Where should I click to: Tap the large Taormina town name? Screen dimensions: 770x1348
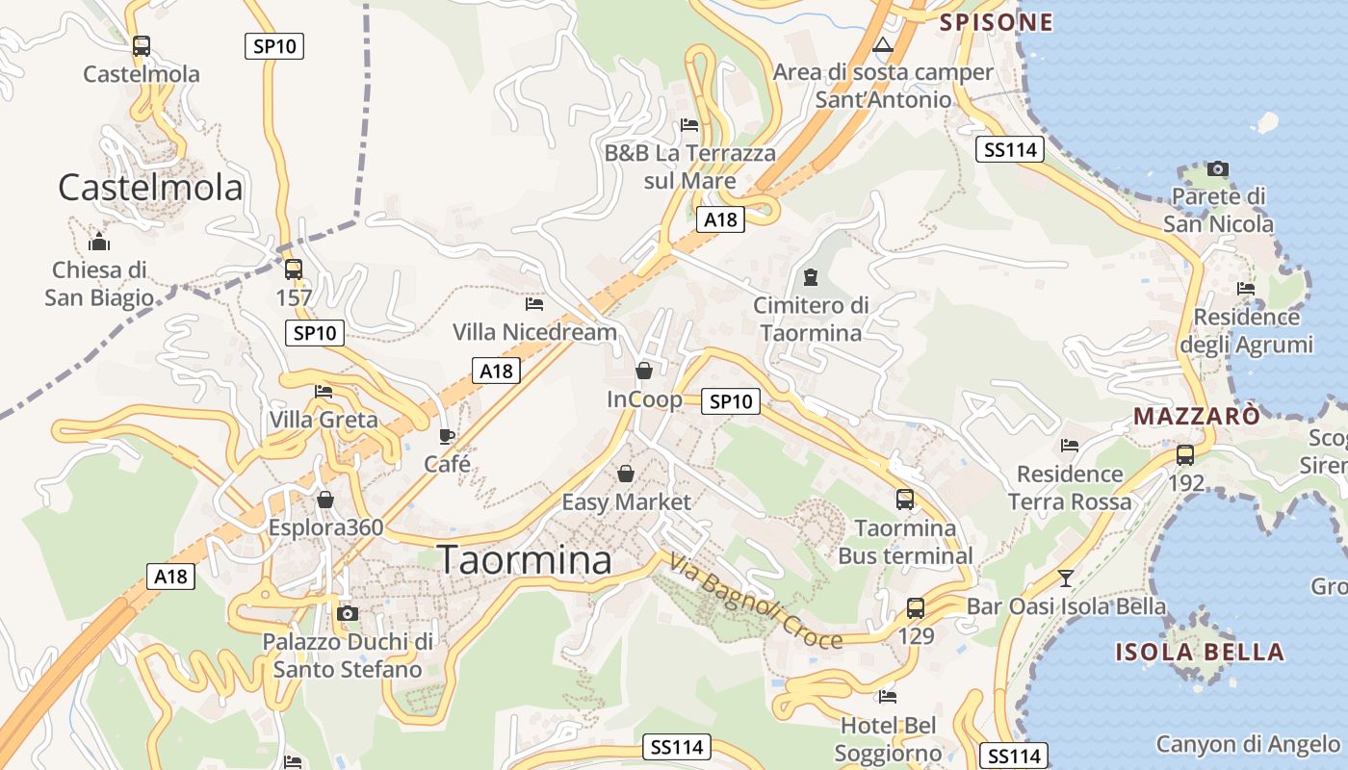coord(525,560)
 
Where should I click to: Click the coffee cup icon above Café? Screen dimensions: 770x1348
coord(447,436)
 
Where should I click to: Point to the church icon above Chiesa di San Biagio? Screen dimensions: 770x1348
coord(98,242)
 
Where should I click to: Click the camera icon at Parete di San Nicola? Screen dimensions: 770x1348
coord(1218,168)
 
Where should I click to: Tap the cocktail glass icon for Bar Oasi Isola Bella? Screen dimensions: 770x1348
coord(1065,578)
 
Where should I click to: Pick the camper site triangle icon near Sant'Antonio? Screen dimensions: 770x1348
coord(883,44)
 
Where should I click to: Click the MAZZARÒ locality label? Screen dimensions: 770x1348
coord(1197,417)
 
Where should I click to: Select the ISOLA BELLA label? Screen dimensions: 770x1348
coord(1200,652)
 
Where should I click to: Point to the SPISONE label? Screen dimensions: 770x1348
coord(996,22)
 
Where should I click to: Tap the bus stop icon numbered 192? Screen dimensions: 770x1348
coord(1185,455)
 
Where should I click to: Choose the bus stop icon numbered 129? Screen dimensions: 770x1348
coord(915,608)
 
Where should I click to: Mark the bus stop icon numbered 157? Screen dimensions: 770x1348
coord(294,269)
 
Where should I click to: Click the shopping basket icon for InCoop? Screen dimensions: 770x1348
coord(644,371)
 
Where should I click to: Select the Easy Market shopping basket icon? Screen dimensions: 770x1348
coord(626,474)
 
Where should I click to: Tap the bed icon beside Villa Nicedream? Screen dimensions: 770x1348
coord(534,304)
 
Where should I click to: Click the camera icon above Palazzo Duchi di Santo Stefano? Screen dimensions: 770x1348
coord(348,613)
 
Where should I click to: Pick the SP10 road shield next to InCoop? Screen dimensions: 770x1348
coord(730,401)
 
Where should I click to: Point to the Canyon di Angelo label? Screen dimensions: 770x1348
coord(1248,744)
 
